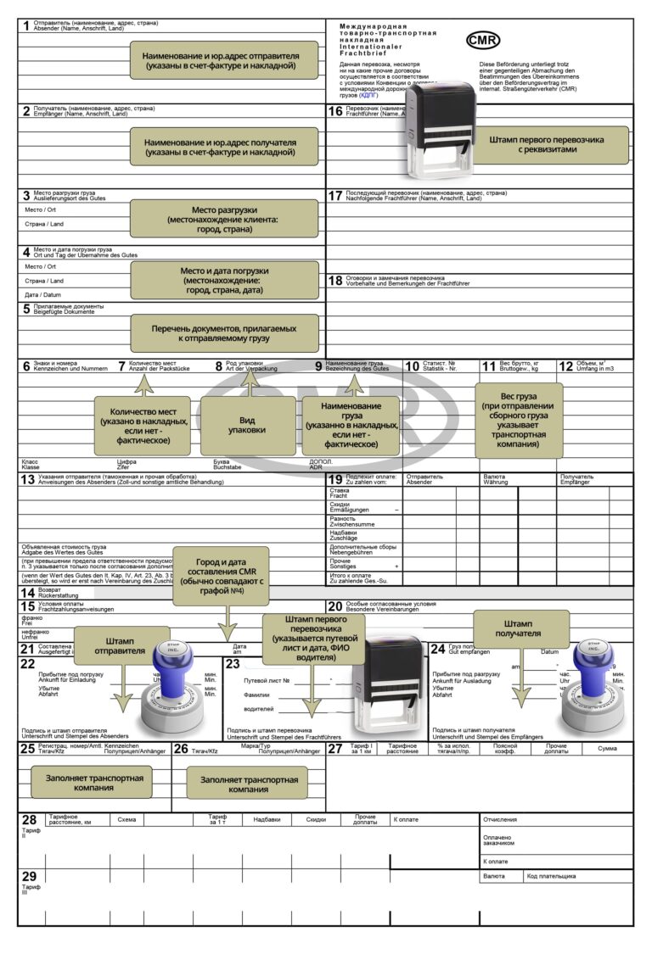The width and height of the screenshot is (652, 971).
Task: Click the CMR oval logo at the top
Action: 483,40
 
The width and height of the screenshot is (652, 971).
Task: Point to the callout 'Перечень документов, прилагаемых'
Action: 224,332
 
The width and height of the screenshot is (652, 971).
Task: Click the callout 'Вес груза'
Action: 518,421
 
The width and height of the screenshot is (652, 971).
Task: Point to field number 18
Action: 335,281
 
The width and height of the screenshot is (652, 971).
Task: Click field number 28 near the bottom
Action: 29,820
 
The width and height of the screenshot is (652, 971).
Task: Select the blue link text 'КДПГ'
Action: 370,96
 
